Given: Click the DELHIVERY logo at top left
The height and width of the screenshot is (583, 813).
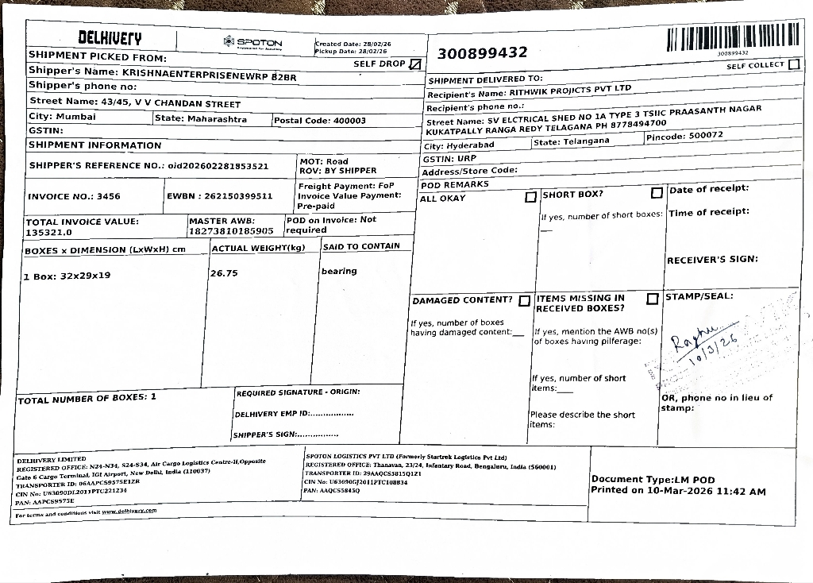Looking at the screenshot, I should coord(110,37).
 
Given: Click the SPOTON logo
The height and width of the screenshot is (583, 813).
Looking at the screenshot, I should coord(253,43).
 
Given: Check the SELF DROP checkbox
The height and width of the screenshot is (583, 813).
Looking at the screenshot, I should coord(414,64).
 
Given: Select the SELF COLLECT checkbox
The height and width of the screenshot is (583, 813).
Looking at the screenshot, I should coord(794,65).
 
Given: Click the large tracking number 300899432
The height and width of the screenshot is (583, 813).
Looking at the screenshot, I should coord(482,53).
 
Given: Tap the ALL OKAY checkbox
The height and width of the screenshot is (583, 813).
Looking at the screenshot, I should coord(530,197).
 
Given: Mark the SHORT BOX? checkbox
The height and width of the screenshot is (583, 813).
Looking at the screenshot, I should coord(657,193).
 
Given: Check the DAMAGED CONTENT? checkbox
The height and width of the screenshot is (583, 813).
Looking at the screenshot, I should coord(524,301).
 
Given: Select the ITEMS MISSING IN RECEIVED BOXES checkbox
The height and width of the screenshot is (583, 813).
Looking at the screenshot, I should coord(652,299).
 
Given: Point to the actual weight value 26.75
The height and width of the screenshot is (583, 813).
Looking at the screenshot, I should coord(224,273).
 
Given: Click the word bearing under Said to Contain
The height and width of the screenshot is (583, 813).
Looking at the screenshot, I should coord(339,272).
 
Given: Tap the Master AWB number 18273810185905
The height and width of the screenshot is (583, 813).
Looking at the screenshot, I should coord(231,231).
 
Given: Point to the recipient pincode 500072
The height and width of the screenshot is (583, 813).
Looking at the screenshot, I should coord(695,136).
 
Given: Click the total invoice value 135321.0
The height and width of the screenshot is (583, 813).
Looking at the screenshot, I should coord(49,233).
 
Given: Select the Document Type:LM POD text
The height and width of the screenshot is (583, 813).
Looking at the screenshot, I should coord(653,480).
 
